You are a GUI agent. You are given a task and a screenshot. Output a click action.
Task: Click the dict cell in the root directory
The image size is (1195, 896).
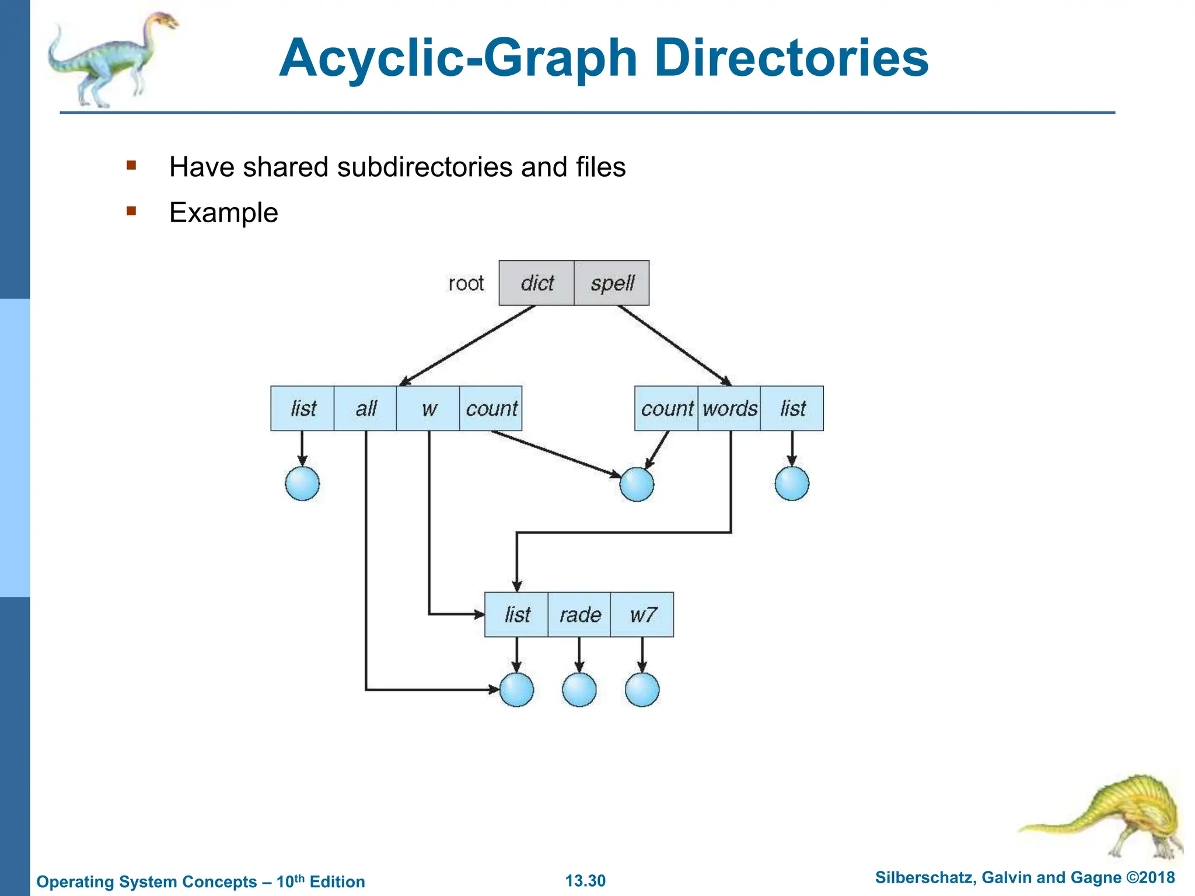tap(536, 283)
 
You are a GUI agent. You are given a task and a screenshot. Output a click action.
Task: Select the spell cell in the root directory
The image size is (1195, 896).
tap(612, 283)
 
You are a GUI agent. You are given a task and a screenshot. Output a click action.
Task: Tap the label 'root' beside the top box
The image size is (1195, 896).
tap(466, 283)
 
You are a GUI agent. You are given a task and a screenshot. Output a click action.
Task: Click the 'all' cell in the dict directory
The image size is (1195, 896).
tap(365, 408)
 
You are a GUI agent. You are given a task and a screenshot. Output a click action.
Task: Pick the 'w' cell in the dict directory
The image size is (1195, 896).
tap(428, 408)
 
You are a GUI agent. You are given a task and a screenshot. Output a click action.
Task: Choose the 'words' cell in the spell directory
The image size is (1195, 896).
tap(729, 408)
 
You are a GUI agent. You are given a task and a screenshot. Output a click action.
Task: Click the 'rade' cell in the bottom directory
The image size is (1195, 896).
tap(579, 614)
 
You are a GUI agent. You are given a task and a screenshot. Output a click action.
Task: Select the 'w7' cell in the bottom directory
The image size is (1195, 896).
tap(642, 614)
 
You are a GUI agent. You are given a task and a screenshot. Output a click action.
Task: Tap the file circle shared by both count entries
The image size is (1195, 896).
tap(637, 484)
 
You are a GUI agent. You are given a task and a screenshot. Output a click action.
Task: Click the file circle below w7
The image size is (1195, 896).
tap(642, 689)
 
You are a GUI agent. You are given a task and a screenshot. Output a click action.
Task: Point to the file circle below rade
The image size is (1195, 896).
tap(579, 689)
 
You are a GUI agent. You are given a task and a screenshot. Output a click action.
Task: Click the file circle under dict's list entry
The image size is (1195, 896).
tap(302, 484)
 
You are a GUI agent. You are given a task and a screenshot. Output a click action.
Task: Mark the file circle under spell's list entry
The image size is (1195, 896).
tap(792, 484)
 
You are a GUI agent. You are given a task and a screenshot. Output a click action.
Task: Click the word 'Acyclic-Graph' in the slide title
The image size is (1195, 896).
tap(458, 58)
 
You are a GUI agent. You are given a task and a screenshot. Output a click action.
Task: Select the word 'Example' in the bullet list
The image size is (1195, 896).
tap(223, 212)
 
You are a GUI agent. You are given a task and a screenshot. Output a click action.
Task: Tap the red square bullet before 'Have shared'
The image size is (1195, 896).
tap(131, 166)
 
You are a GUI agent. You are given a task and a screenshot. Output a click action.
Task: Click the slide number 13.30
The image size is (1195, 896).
tap(585, 880)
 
